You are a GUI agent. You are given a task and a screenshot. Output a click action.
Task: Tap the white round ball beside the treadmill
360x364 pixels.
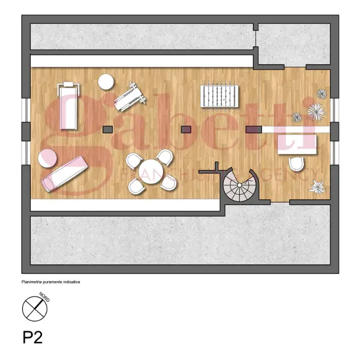[x=106, y=81]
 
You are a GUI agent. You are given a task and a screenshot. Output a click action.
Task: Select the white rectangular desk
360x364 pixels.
[x=297, y=144]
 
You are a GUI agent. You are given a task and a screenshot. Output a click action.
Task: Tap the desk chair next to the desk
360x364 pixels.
[x=296, y=164]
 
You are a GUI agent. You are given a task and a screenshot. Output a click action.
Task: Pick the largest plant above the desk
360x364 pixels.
[x=316, y=111]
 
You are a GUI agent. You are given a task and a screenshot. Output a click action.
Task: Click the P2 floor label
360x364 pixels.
[x=32, y=337]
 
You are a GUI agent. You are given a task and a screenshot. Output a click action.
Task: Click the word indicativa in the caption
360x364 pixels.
[x=71, y=282]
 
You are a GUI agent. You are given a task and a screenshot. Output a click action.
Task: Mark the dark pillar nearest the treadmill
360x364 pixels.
[x=107, y=129]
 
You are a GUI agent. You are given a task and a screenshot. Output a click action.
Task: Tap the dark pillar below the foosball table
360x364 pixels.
[x=186, y=129]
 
